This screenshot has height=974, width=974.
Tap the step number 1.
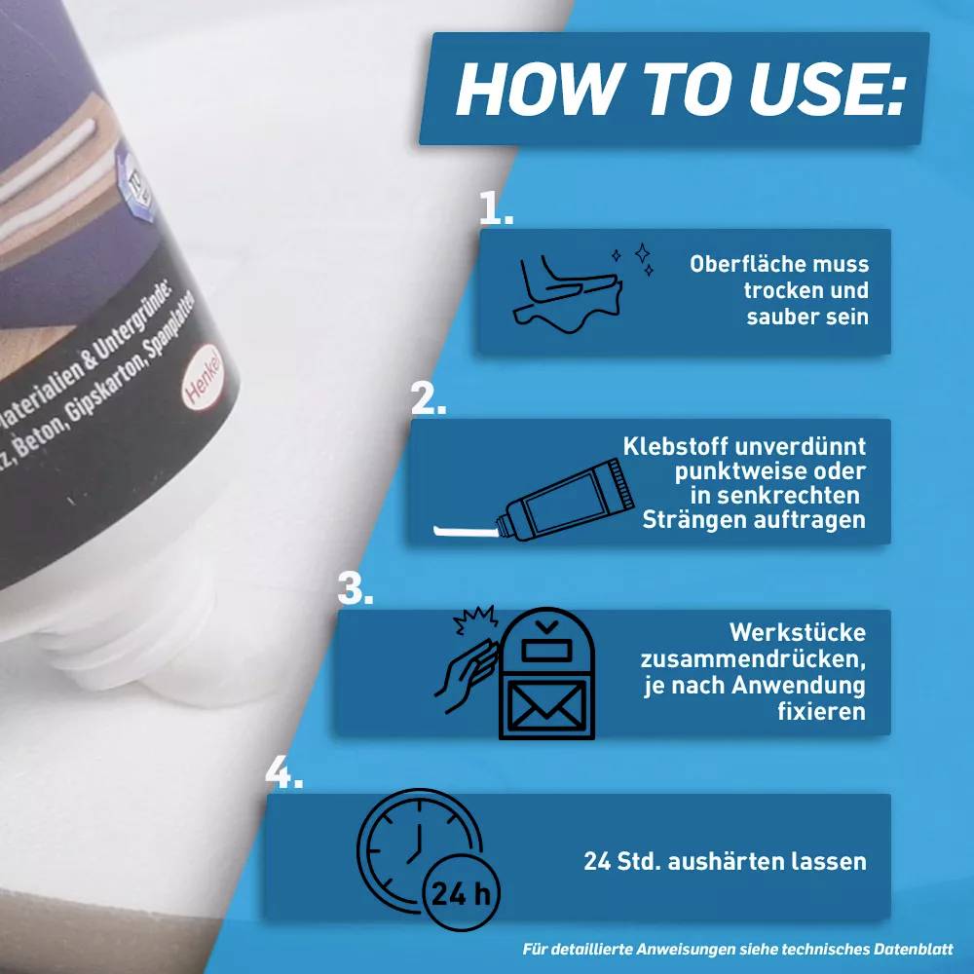(495, 207)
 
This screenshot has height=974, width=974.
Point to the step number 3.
(355, 588)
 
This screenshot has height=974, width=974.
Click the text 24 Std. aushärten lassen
(725, 861)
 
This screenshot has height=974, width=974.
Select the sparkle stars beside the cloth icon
(632, 257)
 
